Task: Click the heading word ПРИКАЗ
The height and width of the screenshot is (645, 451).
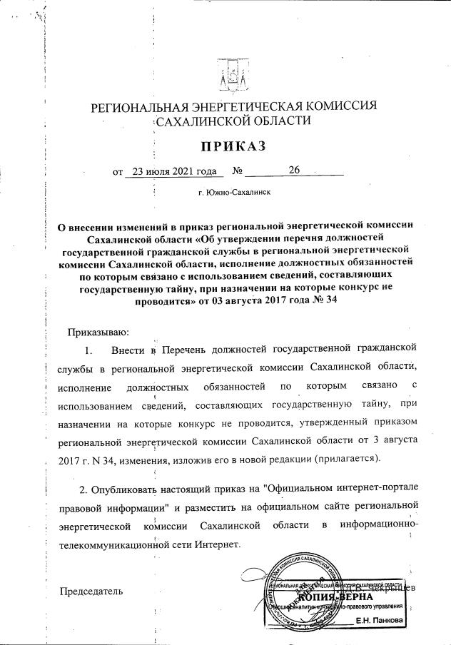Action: pos(232,147)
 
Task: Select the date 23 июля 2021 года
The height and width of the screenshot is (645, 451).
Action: pos(170,171)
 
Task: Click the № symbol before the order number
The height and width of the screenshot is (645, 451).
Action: pos(239,172)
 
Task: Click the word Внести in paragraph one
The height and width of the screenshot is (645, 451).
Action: pos(129,350)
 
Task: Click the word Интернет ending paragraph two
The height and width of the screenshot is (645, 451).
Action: pos(221,544)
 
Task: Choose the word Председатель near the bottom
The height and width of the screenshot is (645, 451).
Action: pos(91,591)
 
